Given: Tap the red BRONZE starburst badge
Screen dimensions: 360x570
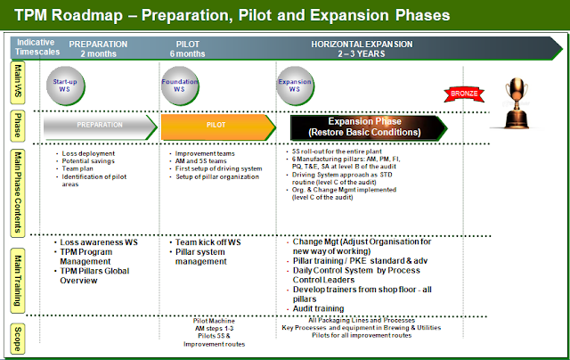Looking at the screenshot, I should click(x=460, y=92).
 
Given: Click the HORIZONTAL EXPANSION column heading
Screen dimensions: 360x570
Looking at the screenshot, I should click(x=362, y=43).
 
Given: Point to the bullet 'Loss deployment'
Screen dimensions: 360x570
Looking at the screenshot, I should click(x=90, y=153).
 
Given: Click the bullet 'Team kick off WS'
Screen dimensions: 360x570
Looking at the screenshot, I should click(x=208, y=242).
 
